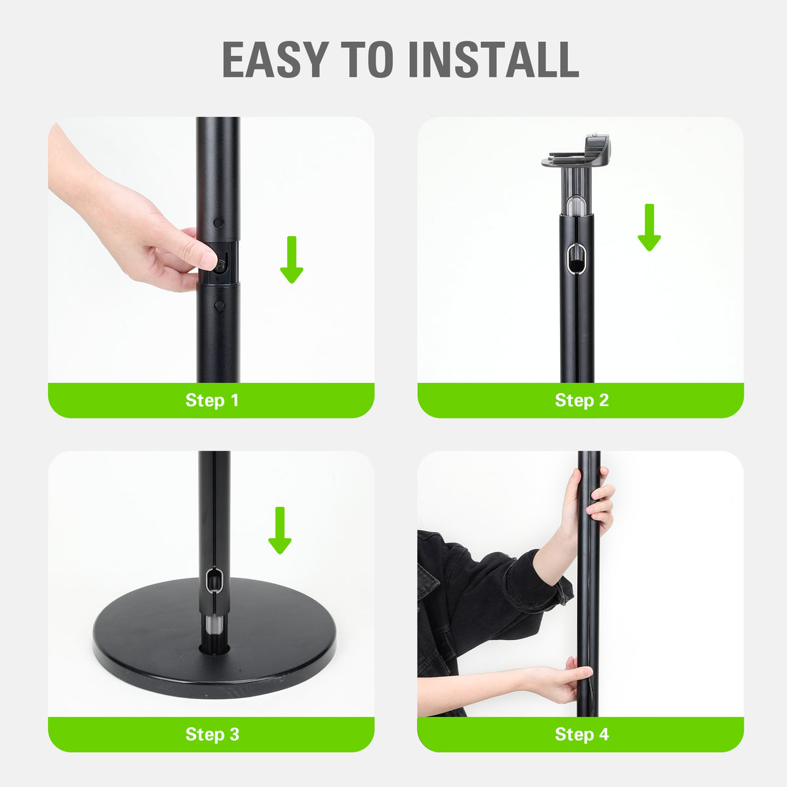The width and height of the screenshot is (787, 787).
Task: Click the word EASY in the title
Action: [x=275, y=60]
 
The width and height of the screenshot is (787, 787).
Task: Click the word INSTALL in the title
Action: [x=493, y=60]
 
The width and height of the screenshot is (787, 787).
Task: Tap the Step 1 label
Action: [x=212, y=400]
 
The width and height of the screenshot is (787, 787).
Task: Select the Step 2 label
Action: [x=582, y=400]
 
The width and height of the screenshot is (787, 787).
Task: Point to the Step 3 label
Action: [x=212, y=734]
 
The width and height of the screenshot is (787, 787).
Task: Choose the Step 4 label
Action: [x=582, y=734]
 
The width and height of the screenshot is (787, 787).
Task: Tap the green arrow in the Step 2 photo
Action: [x=649, y=228]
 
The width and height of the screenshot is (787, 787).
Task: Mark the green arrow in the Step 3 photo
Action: [x=280, y=531]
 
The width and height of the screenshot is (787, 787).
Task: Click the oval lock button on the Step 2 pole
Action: [x=577, y=259]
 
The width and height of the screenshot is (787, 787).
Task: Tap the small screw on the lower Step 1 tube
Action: [x=219, y=306]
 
